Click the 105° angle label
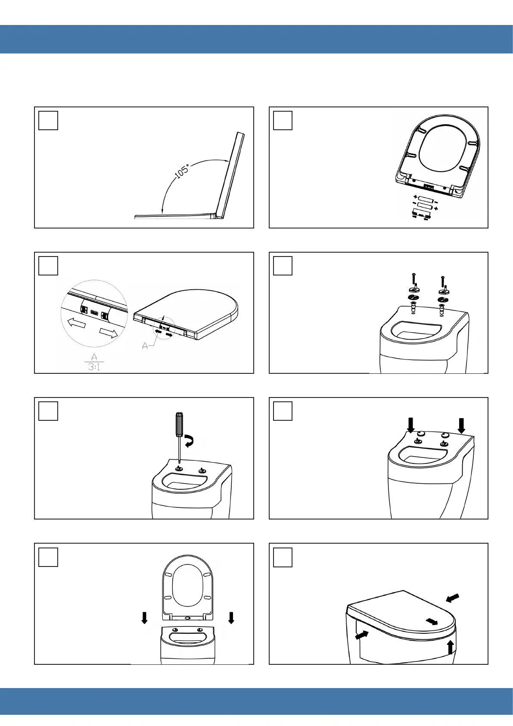pos(182,172)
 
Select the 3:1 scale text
pos(94,367)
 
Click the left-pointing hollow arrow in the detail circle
pos(76,323)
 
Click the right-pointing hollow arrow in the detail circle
pos(109,333)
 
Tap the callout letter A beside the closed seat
pos(145,346)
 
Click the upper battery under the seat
pos(425,198)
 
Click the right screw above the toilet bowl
pos(443,281)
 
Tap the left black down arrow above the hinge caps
pos(410,425)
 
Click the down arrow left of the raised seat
pos(144,618)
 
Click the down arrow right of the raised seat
pos(231,618)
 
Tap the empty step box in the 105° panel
pos(48,121)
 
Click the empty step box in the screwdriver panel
pos(48,411)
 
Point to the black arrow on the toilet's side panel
pos(362,635)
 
